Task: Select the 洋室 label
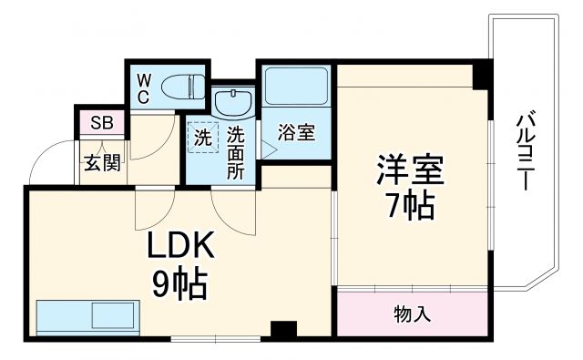pyautogui.click(x=411, y=170)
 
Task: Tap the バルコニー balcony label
pyautogui.click(x=524, y=150)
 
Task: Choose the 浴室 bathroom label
pyautogui.click(x=296, y=133)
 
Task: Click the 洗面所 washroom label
pyautogui.click(x=236, y=150)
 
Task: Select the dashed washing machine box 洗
pyautogui.click(x=202, y=139)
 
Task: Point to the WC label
pyautogui.click(x=144, y=88)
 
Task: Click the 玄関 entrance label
pyautogui.click(x=99, y=164)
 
